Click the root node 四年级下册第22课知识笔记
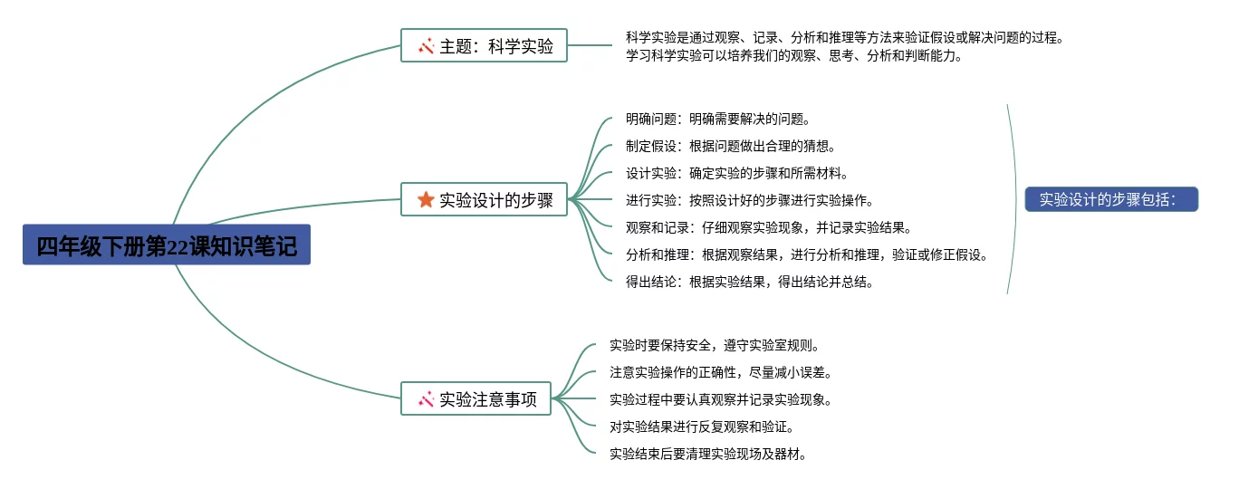coord(167,244)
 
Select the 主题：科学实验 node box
coord(484,45)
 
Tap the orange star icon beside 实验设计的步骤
coord(426,200)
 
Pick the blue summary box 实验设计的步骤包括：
coord(1111,199)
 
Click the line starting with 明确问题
coord(717,119)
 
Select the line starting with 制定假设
coord(730,146)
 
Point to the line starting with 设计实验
coord(736,173)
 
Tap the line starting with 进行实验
coord(749,200)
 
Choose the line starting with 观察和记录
coord(768,227)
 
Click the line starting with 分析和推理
coord(806,254)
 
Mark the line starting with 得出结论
coord(749,282)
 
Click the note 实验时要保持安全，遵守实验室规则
coord(714,345)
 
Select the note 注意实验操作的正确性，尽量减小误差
coord(720,372)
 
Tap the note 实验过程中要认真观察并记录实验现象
coord(720,399)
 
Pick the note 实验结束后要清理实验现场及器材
coord(707,454)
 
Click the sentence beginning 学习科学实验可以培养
coord(793,55)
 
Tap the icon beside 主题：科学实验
coord(426,45)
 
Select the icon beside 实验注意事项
coord(426,398)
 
